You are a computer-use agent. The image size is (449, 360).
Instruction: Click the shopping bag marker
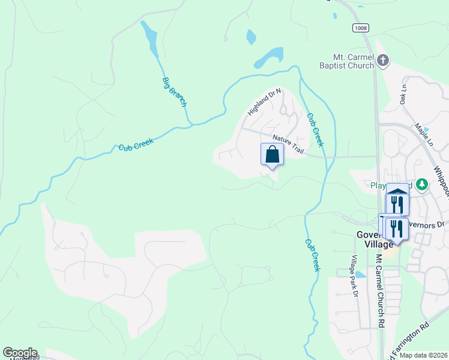[x=272, y=154]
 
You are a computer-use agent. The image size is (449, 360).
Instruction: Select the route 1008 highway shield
[x=360, y=28]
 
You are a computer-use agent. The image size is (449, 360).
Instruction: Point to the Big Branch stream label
[x=175, y=92]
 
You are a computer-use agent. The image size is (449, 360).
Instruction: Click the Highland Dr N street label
[x=264, y=101]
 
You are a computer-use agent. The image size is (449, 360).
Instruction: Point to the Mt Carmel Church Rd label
[x=379, y=290]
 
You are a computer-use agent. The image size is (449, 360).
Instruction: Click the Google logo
[x=20, y=353]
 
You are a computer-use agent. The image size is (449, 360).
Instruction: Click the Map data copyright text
[x=424, y=355]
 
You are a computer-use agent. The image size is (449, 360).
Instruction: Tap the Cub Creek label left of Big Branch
[x=136, y=145]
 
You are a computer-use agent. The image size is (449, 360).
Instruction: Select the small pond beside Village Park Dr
[x=360, y=275]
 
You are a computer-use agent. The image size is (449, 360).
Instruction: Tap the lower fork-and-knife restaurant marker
[x=396, y=229]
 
